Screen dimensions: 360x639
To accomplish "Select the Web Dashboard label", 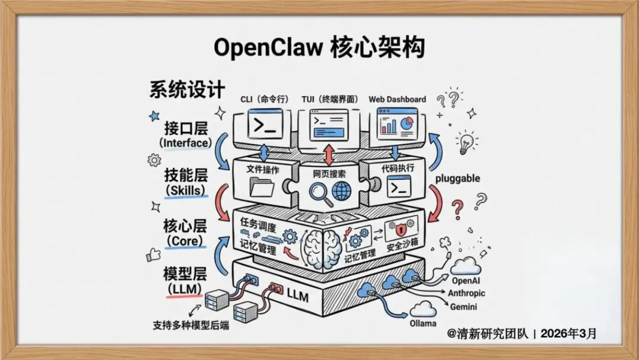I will [397, 99].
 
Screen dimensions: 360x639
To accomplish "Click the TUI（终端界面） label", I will [329, 99].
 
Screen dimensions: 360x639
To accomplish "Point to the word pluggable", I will [457, 178].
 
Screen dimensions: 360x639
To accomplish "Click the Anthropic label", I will [466, 294].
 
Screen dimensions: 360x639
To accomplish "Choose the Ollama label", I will [423, 323].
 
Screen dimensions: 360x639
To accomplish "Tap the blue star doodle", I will [154, 116].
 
